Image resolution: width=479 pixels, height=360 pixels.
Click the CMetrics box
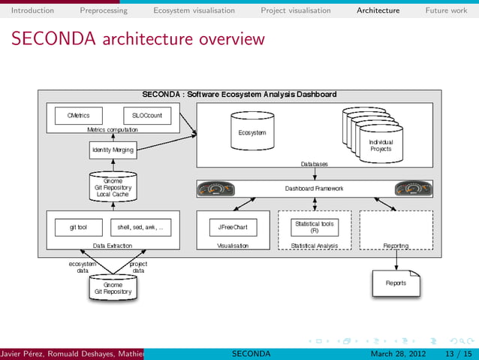(x=79, y=116)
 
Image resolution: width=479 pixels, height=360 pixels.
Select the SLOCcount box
(x=147, y=116)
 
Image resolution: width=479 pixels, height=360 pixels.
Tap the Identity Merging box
(x=113, y=150)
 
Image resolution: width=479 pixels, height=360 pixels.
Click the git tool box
(x=79, y=226)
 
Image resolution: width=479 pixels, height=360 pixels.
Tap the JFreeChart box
(x=233, y=226)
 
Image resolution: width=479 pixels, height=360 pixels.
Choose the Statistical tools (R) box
(x=314, y=226)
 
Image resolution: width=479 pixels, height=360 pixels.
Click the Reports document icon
(x=396, y=283)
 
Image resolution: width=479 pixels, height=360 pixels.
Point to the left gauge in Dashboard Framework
(x=215, y=189)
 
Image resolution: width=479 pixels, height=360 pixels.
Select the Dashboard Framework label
(x=314, y=189)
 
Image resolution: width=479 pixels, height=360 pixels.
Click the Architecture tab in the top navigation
(x=378, y=11)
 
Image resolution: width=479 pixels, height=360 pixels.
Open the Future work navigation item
(x=446, y=11)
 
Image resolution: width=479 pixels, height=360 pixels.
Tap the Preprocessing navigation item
(x=104, y=11)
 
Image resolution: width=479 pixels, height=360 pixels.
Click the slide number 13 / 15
(x=457, y=353)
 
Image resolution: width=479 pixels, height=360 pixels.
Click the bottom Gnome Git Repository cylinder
(x=113, y=289)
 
